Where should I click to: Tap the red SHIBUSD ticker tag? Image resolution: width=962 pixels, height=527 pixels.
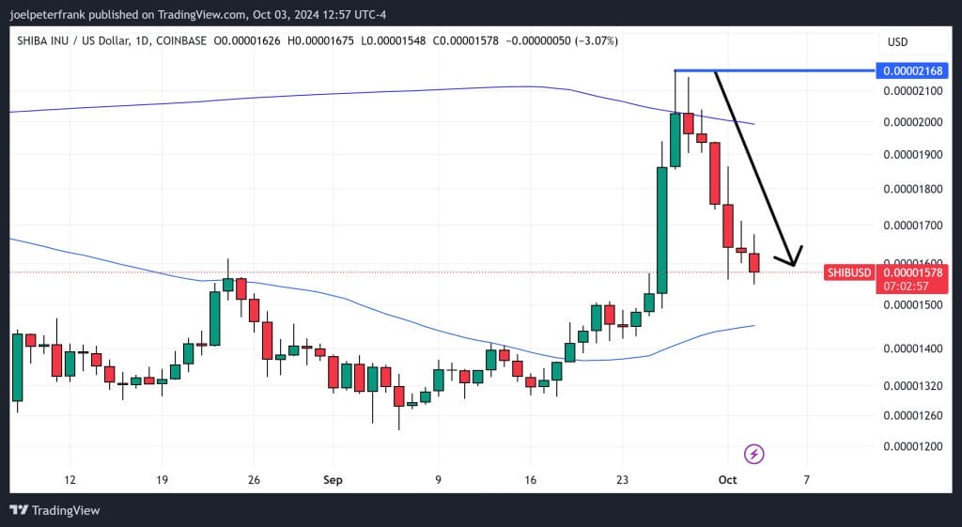pos(848,272)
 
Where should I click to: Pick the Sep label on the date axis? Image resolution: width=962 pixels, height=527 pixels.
pos(334,480)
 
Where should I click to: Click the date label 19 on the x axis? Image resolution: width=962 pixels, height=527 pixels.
pos(162,480)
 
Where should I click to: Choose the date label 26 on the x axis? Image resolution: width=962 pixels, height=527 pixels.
pos(254,480)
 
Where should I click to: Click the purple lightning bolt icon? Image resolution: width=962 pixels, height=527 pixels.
pos(754,455)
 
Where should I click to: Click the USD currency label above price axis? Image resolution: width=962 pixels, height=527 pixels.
pos(897,41)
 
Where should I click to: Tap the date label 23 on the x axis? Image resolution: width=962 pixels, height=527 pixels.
pos(622,480)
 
